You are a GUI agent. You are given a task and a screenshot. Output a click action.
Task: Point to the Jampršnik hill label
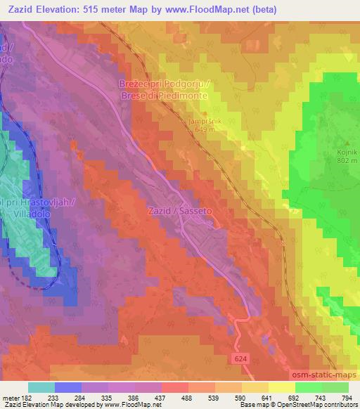[201, 121]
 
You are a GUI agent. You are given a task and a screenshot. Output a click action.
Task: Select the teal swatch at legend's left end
[41, 387]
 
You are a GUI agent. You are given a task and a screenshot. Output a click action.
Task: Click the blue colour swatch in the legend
[68, 387]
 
